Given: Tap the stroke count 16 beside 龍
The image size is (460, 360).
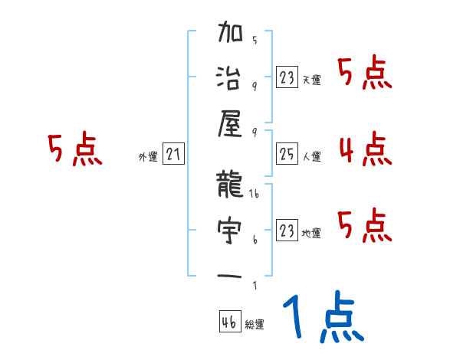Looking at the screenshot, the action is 254,196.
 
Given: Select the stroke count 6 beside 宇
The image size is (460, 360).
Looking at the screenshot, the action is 254,241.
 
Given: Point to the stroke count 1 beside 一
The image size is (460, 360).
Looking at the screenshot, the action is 254,286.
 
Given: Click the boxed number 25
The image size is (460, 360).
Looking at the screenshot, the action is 287,154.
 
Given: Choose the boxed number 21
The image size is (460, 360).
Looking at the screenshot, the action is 173,155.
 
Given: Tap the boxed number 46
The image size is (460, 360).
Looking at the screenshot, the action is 228,322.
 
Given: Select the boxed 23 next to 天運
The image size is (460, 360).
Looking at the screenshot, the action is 287,77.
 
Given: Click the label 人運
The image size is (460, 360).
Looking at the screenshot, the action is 311,157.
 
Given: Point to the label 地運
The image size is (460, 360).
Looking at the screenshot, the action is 311,234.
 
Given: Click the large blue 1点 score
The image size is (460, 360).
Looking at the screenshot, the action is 322,319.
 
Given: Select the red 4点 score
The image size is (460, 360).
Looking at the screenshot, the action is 365,149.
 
